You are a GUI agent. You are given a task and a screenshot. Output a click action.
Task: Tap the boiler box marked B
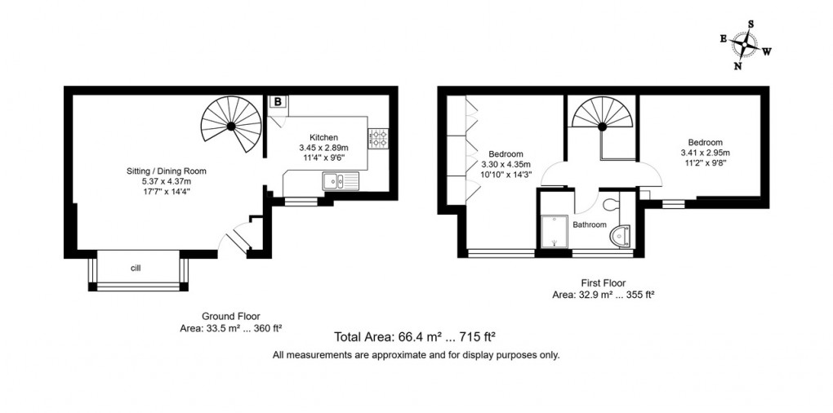tap(278, 102)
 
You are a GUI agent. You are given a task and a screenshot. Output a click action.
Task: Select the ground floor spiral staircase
tap(231, 126)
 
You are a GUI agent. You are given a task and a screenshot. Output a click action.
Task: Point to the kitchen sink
tap(335, 181)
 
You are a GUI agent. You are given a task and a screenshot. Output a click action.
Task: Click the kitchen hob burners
tap(378, 138)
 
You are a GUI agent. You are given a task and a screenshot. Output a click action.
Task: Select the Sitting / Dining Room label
tap(166, 171)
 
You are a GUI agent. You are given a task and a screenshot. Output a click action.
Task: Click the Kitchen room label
tap(323, 137)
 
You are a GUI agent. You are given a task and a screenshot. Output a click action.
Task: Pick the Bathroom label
tap(589, 224)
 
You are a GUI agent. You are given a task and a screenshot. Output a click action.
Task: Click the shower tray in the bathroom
tap(555, 232)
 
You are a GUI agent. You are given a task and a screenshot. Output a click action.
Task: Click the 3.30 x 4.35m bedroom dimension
tap(506, 164)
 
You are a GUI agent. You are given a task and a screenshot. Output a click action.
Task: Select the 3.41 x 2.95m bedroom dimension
tap(705, 153)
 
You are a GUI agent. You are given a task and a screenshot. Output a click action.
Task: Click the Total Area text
tap(416, 336)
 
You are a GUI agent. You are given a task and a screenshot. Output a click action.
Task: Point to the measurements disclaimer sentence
tap(416, 355)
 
